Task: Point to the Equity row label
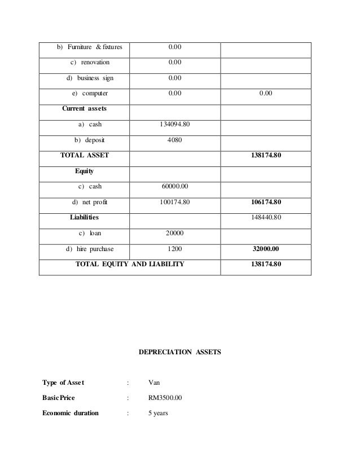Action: tap(84, 170)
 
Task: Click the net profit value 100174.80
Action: tap(175, 201)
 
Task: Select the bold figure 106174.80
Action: tap(265, 201)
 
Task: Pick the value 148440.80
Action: tap(265, 217)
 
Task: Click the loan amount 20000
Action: tap(175, 232)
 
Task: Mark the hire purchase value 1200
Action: tap(175, 248)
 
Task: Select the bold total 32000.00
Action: tap(265, 248)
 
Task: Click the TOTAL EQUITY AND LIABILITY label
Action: tap(130, 263)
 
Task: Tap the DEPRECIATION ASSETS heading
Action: tap(180, 352)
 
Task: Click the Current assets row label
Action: tap(85, 108)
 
